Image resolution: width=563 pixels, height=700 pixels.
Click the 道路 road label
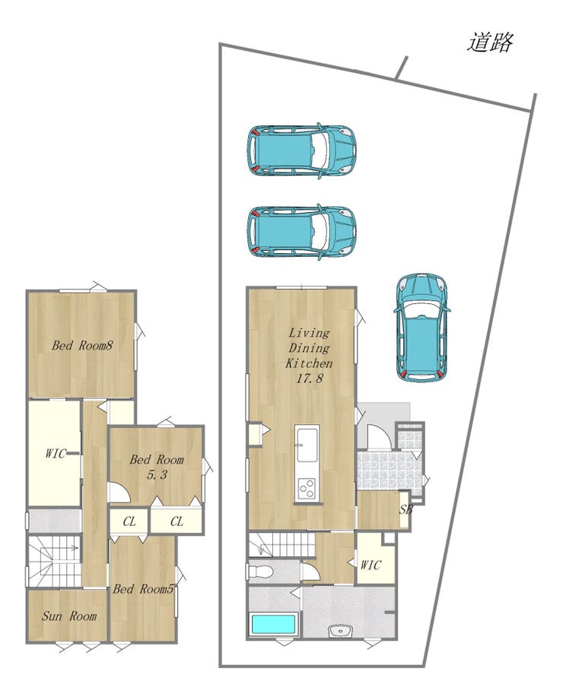click(490, 43)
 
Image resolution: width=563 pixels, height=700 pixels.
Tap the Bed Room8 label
click(82, 345)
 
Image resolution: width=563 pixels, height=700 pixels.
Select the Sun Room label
click(69, 616)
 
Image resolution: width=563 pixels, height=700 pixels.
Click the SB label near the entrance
click(406, 509)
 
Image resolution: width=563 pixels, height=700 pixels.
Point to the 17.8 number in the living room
click(309, 379)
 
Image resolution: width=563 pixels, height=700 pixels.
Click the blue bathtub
click(274, 624)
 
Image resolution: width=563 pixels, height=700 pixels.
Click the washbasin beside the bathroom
click(341, 632)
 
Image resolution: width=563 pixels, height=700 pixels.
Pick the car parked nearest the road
click(301, 150)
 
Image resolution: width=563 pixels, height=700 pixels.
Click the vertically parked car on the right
click(421, 328)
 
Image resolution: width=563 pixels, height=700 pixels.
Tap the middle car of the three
click(301, 232)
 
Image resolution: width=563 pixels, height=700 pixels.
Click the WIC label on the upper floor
click(55, 454)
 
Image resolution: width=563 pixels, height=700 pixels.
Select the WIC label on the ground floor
click(371, 565)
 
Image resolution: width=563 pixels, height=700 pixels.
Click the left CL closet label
click(129, 521)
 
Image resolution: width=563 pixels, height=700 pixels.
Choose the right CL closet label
click(177, 521)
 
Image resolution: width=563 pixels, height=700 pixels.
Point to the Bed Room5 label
click(143, 589)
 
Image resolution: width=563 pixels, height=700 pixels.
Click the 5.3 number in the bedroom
click(157, 474)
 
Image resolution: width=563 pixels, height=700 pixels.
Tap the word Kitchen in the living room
click(309, 363)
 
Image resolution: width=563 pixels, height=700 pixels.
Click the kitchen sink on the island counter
click(307, 445)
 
